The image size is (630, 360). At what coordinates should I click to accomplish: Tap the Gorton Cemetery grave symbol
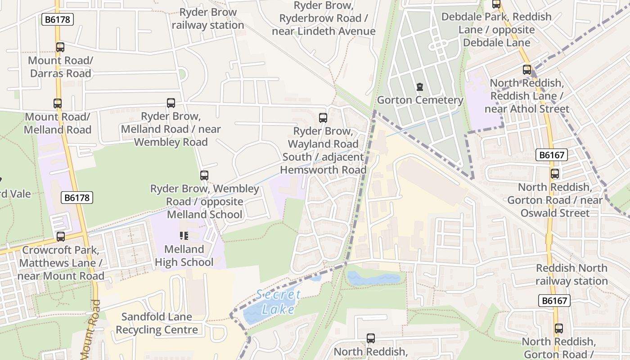pos(420,86)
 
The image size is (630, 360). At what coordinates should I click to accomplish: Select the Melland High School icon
pos(184,235)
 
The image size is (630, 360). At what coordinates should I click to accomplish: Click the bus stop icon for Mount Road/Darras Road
pos(60,47)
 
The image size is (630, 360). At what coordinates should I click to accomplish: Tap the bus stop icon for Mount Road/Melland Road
pos(58,103)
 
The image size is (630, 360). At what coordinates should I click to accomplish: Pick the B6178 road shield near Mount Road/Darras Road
pos(58,19)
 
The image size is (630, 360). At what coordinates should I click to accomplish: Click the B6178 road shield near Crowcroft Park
pos(77,198)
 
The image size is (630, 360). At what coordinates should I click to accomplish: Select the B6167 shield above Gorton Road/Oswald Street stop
pos(552,155)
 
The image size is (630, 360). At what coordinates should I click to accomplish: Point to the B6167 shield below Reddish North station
pos(554,301)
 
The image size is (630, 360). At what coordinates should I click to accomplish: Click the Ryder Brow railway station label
pos(207,19)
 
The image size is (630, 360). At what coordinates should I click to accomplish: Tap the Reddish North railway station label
pos(571,274)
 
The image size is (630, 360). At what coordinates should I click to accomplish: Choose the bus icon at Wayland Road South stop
pos(323,118)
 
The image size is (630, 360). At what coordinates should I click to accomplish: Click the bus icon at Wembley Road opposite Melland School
pos(204,175)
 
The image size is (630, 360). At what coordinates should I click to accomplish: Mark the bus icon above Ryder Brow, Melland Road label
pos(171,103)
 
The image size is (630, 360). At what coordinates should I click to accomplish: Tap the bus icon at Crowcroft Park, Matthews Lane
pos(61,236)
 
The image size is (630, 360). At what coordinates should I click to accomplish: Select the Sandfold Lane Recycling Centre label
pos(157,323)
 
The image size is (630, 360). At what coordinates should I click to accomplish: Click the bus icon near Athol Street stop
pos(527,70)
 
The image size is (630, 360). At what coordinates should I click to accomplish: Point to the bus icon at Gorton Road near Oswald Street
pos(555,174)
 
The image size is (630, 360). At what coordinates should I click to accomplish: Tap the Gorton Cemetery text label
pos(420,100)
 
